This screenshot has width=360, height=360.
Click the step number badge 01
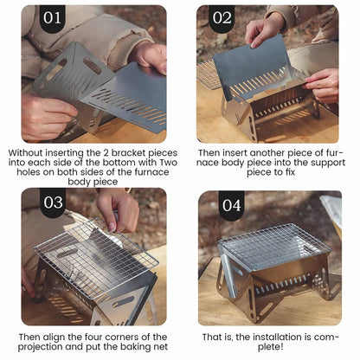[x=53, y=17]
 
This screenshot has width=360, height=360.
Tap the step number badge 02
[x=222, y=17]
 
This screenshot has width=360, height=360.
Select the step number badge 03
[x=53, y=203]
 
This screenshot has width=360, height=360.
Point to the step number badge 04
[x=231, y=205]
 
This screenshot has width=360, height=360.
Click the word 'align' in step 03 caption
[x=67, y=337]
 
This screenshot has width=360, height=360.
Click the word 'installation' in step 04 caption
[x=266, y=337]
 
